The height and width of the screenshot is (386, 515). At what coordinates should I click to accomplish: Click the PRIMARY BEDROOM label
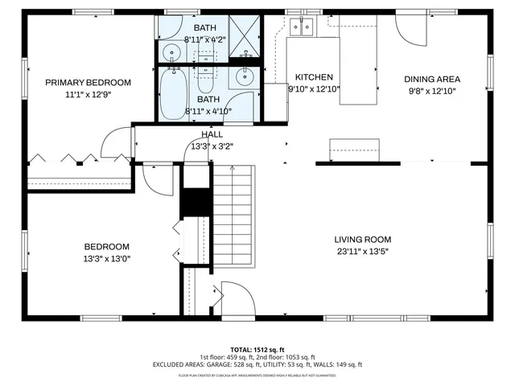[88, 82]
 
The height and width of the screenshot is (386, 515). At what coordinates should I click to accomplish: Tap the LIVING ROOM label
[363, 239]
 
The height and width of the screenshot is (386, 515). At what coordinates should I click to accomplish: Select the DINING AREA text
[431, 79]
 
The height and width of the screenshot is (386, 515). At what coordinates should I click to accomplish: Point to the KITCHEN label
[314, 77]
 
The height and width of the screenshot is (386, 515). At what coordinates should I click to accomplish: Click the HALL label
[212, 135]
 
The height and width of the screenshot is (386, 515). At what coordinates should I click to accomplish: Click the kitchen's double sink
[303, 28]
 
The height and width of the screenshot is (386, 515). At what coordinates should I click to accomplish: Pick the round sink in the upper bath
[171, 53]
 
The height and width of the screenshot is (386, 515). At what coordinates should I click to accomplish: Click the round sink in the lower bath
[245, 79]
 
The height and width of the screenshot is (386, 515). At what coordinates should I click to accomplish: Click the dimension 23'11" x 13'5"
[363, 251]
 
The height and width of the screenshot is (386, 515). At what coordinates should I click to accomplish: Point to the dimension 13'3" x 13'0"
[106, 259]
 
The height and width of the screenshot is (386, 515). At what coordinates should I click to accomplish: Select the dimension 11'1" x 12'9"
[88, 94]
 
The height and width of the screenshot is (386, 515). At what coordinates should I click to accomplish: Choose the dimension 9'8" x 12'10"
[431, 91]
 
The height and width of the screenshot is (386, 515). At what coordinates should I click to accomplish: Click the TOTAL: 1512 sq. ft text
[257, 349]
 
